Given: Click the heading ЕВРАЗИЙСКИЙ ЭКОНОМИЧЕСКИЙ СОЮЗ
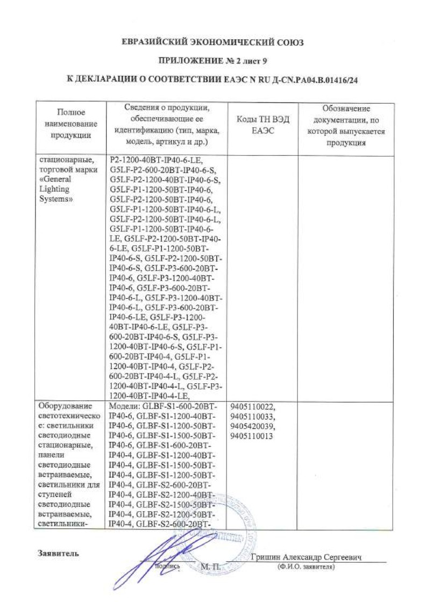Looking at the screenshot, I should (x=212, y=42).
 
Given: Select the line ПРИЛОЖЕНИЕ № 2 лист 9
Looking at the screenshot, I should (x=212, y=61).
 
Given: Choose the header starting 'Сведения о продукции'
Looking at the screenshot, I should (x=166, y=125).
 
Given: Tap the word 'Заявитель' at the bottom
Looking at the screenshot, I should (x=59, y=553).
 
